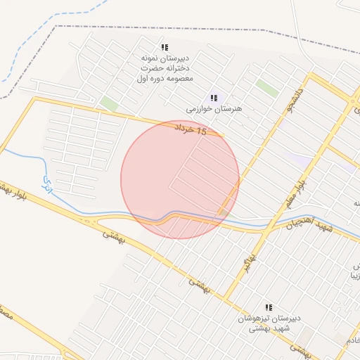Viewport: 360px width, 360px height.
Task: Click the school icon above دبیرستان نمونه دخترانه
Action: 164,47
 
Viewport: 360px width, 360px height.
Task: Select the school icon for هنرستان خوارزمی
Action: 214,98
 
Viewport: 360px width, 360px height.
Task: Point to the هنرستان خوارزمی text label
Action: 214,110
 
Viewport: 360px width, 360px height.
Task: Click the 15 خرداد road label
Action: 191,129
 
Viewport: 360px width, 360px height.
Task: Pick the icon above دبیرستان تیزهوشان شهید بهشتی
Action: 268,307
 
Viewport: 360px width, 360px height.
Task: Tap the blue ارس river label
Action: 48,185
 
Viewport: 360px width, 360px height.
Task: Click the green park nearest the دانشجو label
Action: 267,88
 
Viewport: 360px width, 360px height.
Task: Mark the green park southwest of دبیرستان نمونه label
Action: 108,104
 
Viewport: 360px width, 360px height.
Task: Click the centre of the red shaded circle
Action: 180,179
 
